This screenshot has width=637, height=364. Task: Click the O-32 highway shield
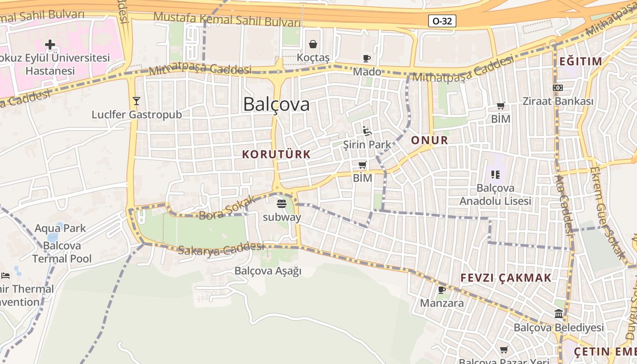(442, 21)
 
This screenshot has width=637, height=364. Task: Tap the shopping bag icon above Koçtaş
(313, 44)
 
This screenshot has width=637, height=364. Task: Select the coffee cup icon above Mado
(367, 58)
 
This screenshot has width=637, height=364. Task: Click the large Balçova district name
(276, 104)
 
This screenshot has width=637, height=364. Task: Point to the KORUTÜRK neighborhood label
(276, 154)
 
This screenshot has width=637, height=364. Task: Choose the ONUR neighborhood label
(430, 140)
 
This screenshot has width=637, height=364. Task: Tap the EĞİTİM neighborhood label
(580, 61)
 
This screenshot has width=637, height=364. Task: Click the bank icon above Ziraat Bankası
(558, 87)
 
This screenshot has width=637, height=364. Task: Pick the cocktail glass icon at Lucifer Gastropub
(136, 101)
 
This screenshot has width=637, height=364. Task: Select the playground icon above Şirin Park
(367, 131)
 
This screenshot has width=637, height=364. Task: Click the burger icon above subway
(282, 203)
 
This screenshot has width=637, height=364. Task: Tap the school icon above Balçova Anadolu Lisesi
(495, 174)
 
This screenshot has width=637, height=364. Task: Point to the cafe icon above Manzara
(441, 290)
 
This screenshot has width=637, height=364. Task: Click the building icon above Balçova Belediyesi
(559, 313)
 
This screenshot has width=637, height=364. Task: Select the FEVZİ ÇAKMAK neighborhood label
(506, 278)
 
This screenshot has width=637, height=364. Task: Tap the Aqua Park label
(60, 228)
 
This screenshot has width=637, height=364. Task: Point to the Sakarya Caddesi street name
(221, 248)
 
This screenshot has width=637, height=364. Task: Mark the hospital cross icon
(50, 45)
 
